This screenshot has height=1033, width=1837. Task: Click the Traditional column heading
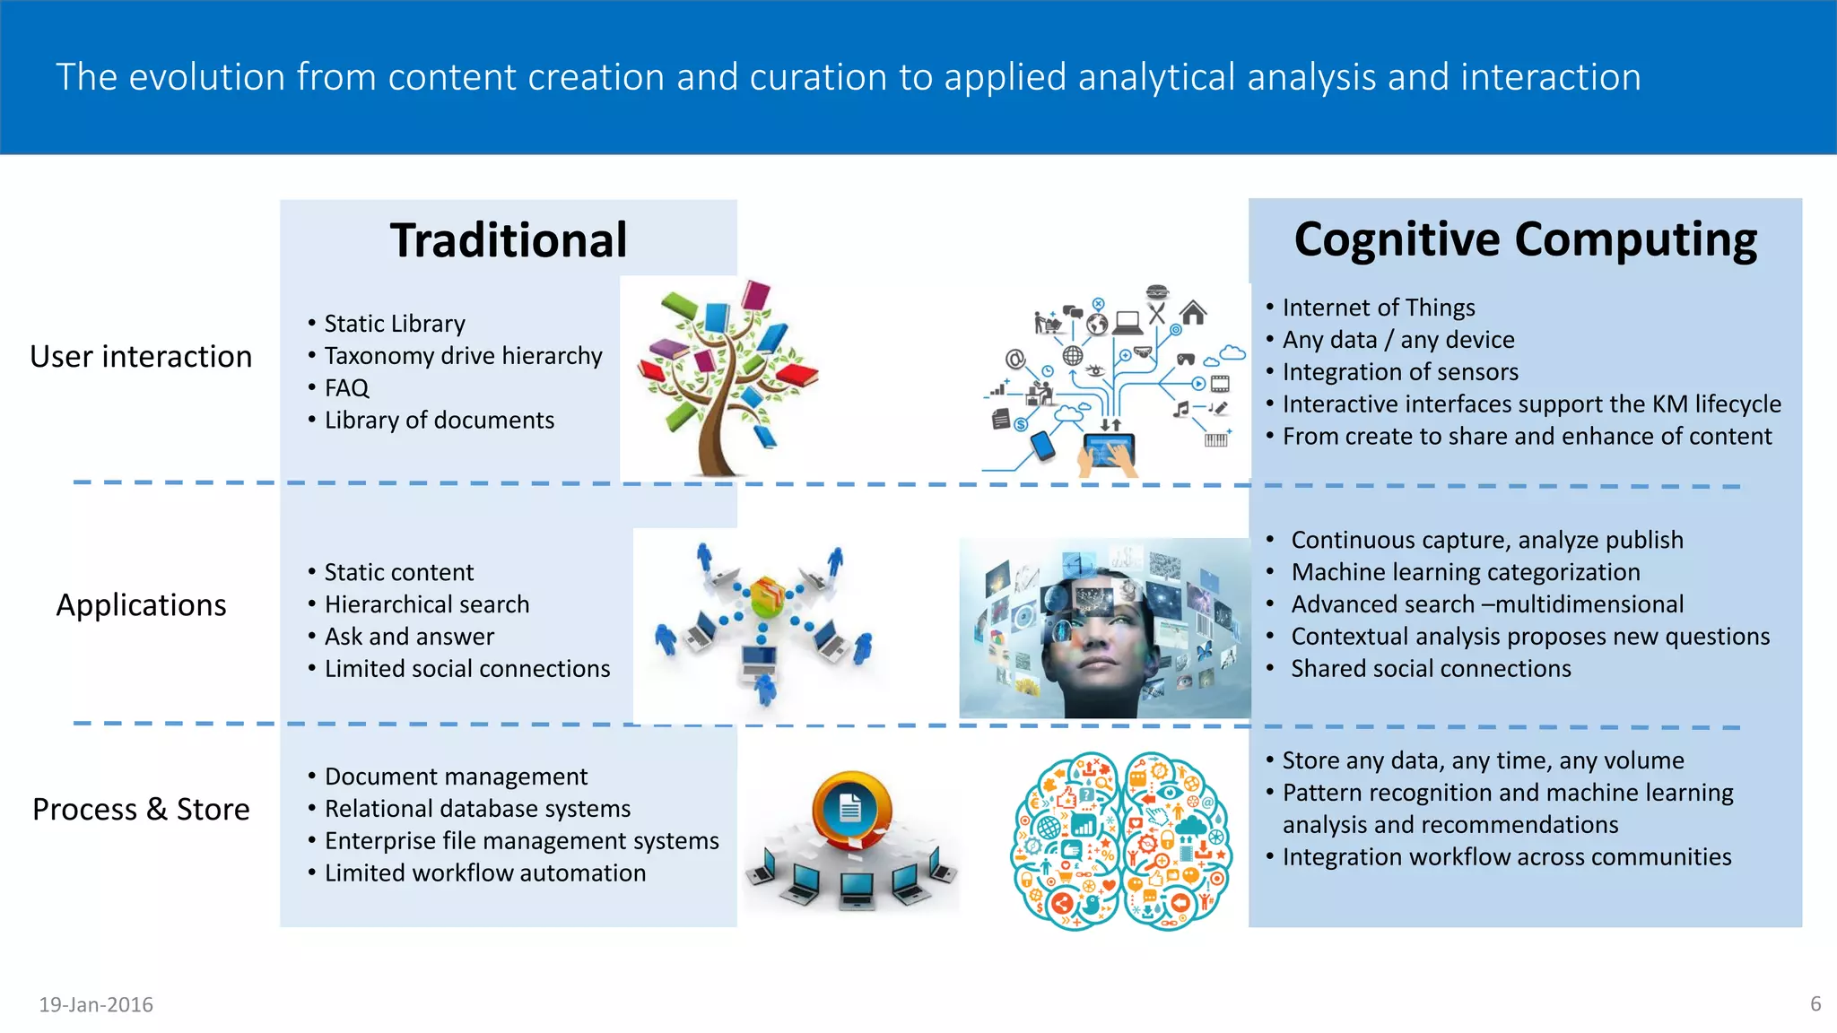509,240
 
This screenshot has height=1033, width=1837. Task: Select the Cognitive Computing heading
1525,240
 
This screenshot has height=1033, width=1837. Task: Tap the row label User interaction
141,357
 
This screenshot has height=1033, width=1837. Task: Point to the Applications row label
141,605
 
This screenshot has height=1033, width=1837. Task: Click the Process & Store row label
141,809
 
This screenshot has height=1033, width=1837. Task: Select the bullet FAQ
346,388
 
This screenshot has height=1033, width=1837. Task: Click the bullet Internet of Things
1378,308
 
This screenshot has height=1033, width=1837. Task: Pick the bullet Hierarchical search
426,604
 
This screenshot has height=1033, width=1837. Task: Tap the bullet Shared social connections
1431,669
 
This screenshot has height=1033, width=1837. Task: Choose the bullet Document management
456,777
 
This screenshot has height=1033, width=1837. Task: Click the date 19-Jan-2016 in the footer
96,1004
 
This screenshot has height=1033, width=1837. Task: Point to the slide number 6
1815,1003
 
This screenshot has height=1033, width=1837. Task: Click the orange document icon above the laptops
850,809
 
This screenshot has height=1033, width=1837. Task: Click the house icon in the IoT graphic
1193,313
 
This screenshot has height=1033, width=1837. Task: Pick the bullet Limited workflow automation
484,873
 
